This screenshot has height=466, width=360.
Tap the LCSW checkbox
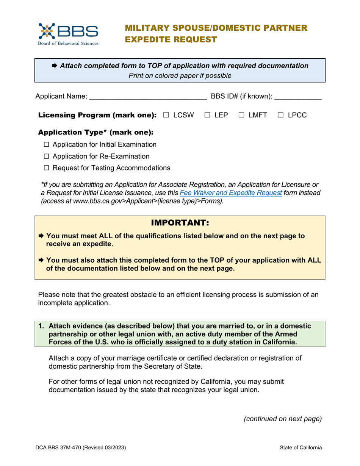pos(166,115)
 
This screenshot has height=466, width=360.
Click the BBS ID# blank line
pos(298,97)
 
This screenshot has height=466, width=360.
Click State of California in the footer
pos(301,447)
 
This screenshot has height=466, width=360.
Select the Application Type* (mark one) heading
pos(96,133)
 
